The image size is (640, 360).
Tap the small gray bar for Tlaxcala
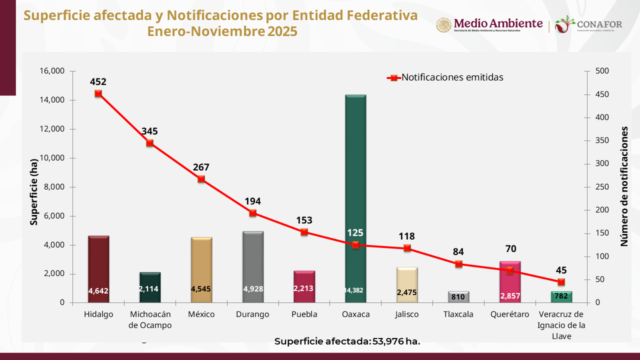tap(458, 297)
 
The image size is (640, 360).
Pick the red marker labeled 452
tap(98, 93)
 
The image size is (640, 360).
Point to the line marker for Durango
tap(252, 213)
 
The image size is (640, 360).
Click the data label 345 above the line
tap(149, 131)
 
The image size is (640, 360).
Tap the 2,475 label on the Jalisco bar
tap(407, 292)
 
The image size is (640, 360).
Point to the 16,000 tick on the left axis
tap(52, 71)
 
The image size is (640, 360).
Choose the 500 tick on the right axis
tap(602, 71)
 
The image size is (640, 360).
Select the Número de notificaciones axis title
tap(624, 186)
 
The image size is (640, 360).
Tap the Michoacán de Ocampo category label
tap(150, 319)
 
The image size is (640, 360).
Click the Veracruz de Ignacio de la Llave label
tap(561, 325)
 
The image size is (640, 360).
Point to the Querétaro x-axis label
tap(509, 314)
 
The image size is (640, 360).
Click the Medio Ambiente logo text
tap(497, 23)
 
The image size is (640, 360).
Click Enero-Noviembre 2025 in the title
tap(222, 31)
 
